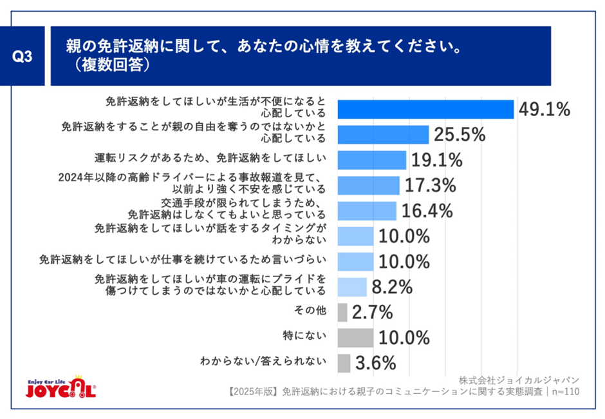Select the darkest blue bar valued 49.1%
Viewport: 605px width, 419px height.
click(x=425, y=110)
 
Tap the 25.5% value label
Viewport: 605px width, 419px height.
click(x=459, y=135)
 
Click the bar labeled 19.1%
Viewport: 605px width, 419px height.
click(x=371, y=160)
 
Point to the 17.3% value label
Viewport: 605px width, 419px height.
click(x=431, y=186)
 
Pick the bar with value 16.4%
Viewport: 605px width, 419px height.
click(x=366, y=211)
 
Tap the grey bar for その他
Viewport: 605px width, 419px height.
click(x=342, y=313)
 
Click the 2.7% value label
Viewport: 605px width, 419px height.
click(x=373, y=313)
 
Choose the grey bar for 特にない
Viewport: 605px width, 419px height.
click(x=355, y=338)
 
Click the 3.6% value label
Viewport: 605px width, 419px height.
click(x=375, y=363)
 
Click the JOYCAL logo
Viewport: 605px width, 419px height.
click(x=62, y=387)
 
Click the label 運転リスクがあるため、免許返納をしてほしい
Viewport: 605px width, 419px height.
click(x=209, y=157)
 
